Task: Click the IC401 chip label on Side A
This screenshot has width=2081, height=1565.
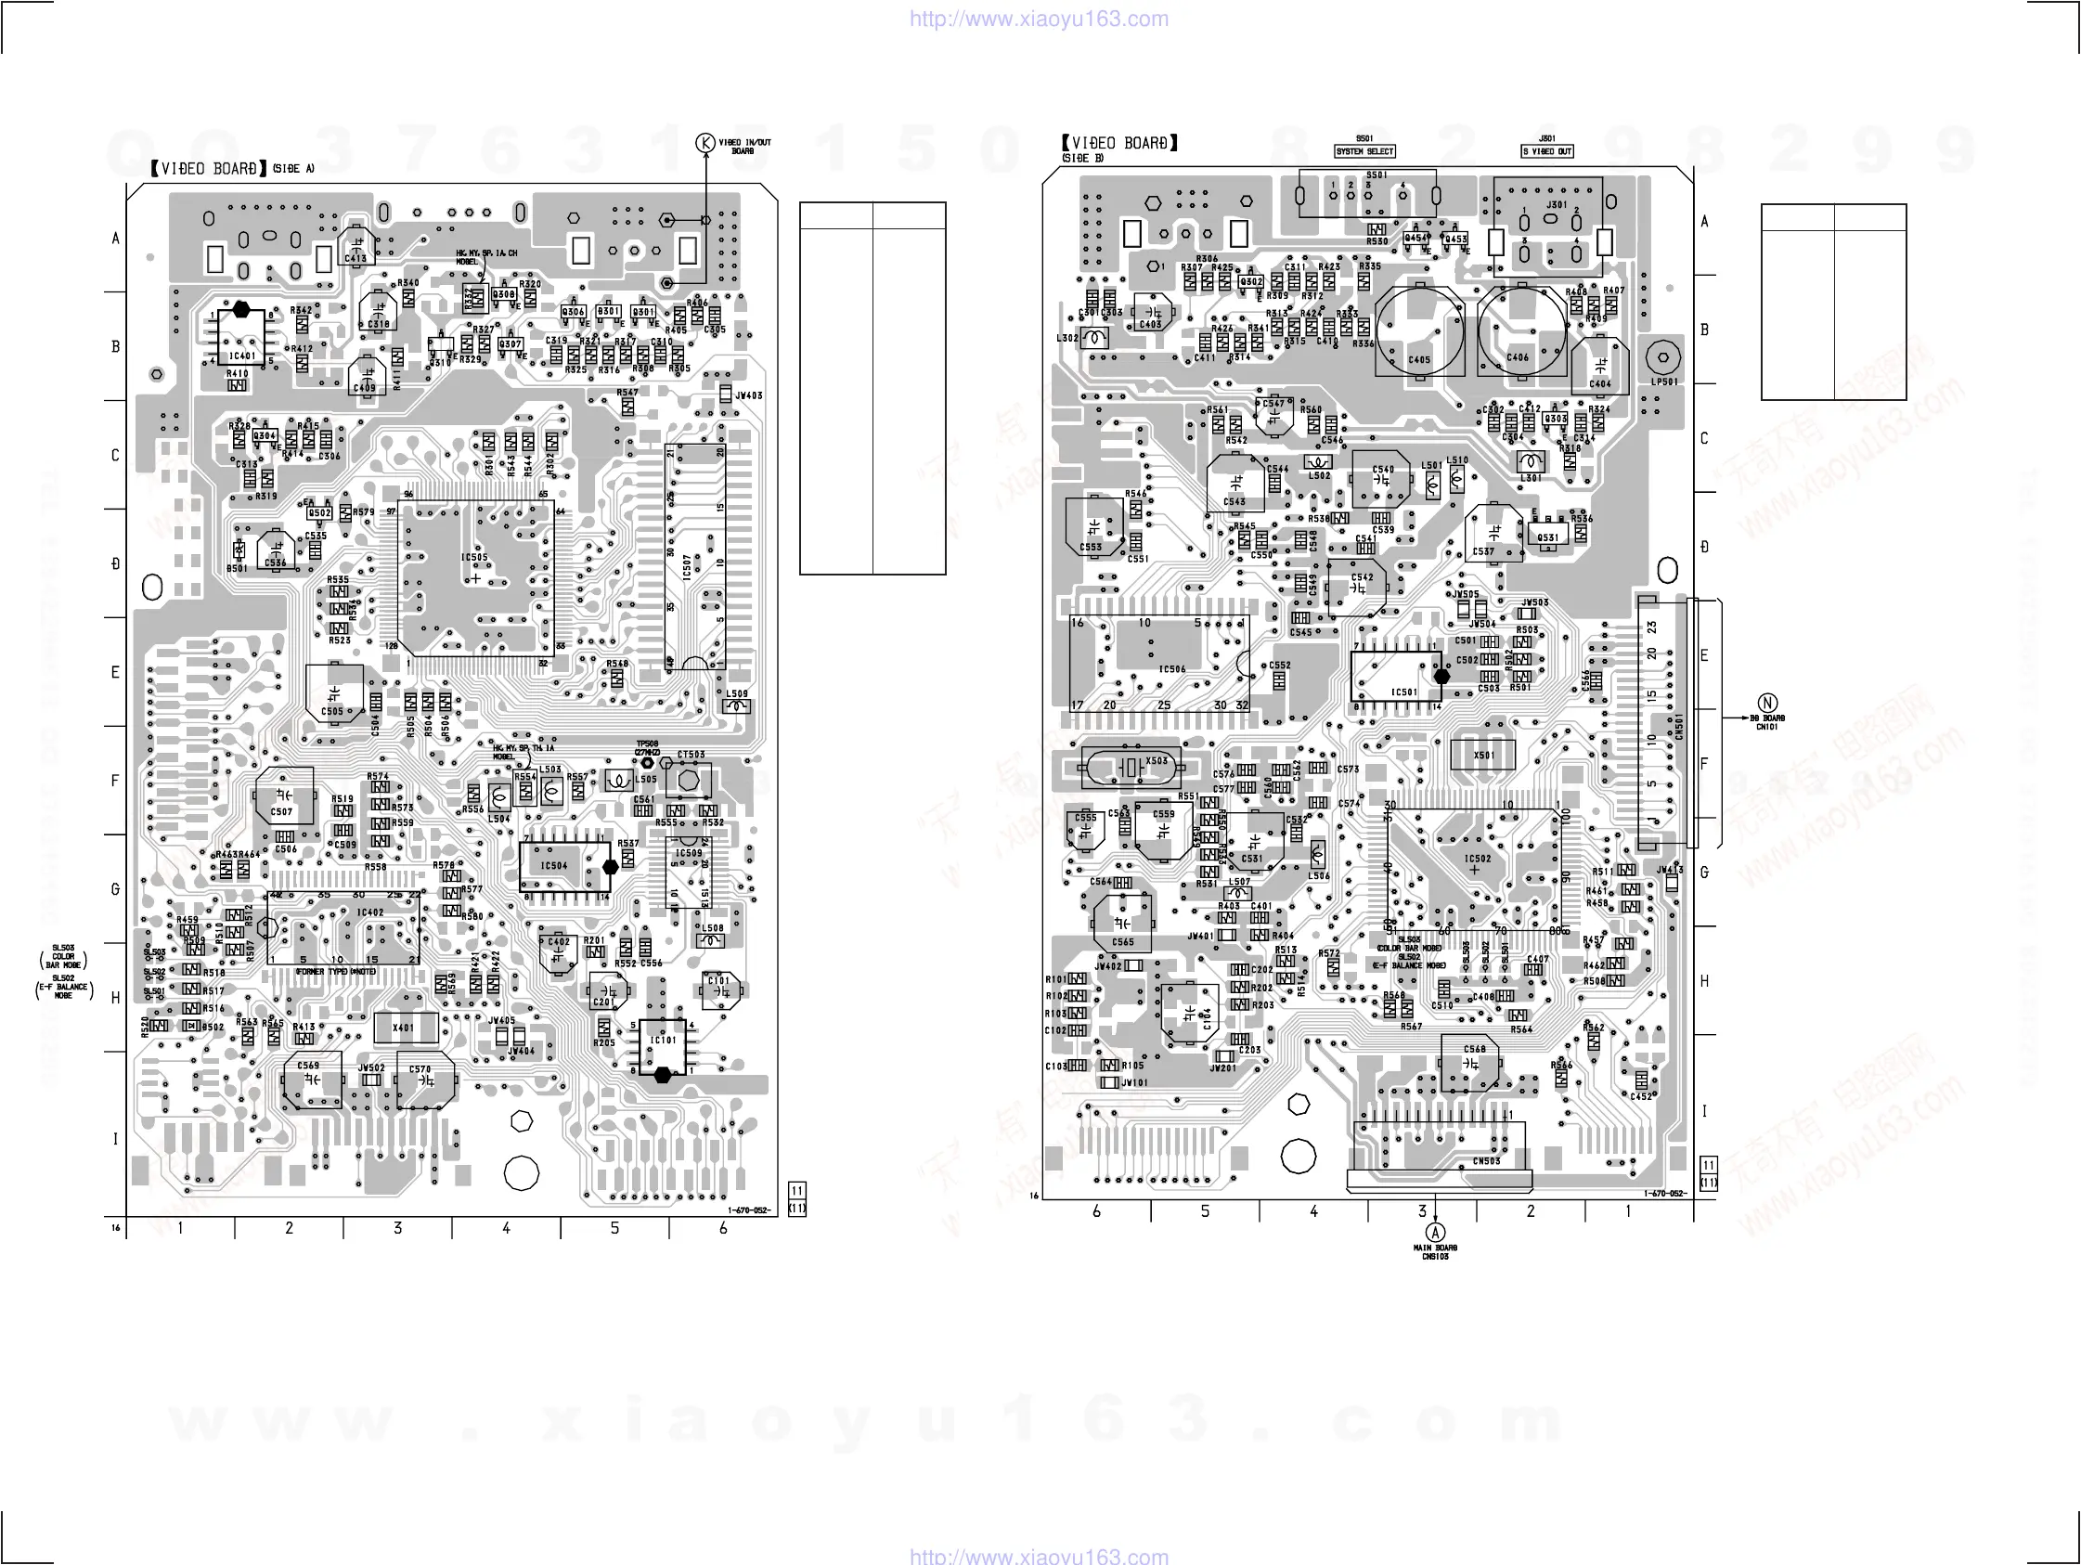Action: click(241, 356)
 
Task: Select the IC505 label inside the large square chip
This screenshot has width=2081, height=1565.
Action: click(474, 557)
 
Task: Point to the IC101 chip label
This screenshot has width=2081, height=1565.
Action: click(664, 1040)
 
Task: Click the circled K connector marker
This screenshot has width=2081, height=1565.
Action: click(705, 143)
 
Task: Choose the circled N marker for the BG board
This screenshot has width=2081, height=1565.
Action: click(1767, 703)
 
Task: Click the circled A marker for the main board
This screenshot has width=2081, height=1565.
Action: click(1435, 1233)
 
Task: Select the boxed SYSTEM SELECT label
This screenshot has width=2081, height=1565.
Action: click(1364, 151)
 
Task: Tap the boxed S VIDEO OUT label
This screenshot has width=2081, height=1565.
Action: click(1546, 151)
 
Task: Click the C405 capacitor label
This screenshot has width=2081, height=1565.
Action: click(1418, 359)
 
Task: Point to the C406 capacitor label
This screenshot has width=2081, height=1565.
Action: click(1518, 357)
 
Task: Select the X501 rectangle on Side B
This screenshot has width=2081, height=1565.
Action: click(1482, 755)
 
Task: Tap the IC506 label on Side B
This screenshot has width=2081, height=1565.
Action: click(1171, 669)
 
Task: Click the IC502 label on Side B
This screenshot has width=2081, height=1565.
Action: click(1477, 859)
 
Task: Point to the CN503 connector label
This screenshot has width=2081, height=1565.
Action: click(1486, 1161)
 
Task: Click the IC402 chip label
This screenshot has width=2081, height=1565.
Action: click(369, 912)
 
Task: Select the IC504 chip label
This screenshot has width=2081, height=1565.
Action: click(553, 866)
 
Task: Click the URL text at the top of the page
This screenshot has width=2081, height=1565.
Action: click(1039, 19)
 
